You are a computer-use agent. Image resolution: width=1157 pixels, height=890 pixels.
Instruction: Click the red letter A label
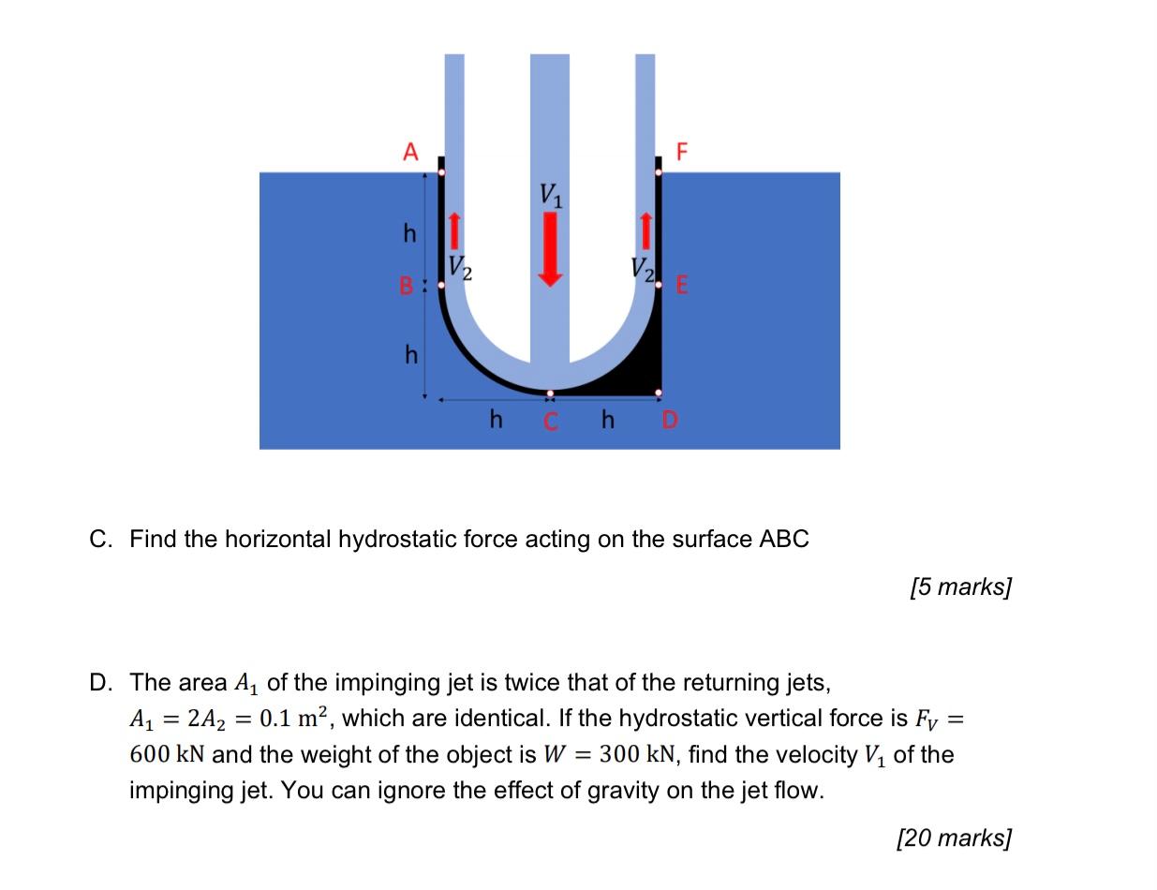409,152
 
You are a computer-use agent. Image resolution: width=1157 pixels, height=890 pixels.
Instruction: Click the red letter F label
682,152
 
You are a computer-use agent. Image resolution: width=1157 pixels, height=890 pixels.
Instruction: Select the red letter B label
407,286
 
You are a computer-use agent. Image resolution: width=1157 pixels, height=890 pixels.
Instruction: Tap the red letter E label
682,286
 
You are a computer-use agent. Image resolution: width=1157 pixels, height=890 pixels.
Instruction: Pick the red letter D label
669,421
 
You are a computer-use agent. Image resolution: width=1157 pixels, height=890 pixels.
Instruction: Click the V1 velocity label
551,195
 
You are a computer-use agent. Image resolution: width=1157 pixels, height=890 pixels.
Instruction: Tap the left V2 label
459,268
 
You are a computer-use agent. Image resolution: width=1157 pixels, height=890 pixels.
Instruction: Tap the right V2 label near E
642,269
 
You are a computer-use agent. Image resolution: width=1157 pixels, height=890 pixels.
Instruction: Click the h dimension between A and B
409,232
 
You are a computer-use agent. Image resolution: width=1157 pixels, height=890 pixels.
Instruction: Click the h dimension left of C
496,419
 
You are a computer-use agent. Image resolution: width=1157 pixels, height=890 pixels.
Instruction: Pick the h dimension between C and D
607,419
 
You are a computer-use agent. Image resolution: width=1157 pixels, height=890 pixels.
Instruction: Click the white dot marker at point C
550,393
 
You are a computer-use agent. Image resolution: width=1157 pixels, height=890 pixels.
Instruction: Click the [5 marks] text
960,587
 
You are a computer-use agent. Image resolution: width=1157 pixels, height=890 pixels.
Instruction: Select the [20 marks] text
954,838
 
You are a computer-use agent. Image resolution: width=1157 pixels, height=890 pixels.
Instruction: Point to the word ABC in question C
783,540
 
